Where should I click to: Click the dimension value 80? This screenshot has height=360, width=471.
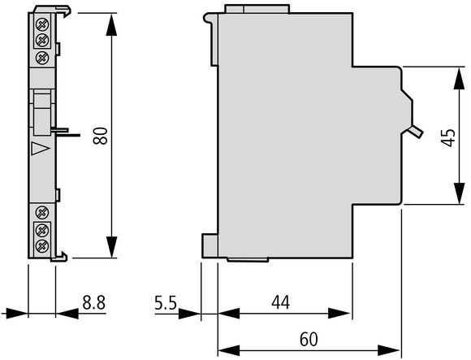click(101, 136)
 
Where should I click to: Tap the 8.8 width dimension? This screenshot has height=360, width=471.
click(94, 302)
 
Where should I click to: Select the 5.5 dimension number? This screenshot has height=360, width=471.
click(166, 302)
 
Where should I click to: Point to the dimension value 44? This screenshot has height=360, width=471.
click(280, 302)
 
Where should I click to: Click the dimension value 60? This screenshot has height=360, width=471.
click(309, 339)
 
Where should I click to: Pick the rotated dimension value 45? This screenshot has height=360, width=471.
click(449, 137)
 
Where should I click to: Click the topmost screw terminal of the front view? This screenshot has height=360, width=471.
click(42, 24)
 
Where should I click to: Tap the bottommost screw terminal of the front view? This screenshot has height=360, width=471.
click(42, 246)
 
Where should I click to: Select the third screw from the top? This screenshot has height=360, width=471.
click(42, 57)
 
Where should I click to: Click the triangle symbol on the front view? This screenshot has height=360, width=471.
click(39, 149)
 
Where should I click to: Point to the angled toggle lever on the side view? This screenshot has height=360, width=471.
click(415, 132)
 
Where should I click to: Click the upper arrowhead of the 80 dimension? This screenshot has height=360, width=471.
click(111, 25)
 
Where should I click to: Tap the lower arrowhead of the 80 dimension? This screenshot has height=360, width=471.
click(111, 246)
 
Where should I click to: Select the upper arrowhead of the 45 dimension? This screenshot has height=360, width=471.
click(459, 79)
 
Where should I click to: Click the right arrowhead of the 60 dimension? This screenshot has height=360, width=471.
click(389, 350)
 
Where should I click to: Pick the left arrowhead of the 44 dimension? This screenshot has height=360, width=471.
click(229, 314)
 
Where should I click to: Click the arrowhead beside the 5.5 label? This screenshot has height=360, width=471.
click(189, 314)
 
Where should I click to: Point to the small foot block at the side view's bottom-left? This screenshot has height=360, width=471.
click(210, 245)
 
